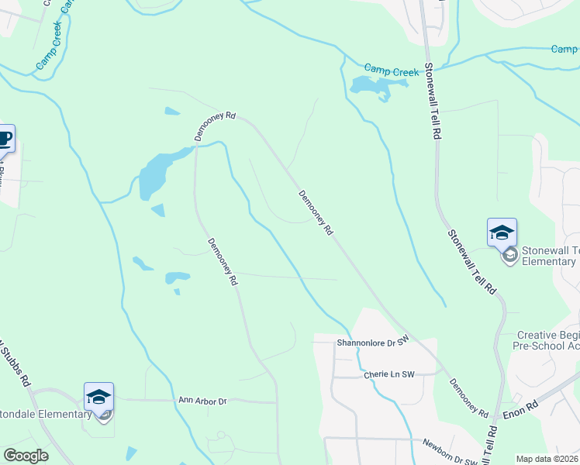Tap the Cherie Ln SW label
pyautogui.click(x=390, y=375)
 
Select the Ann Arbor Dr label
pyautogui.click(x=202, y=401)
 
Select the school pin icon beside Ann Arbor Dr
pyautogui.click(x=99, y=397)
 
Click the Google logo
pyautogui.click(x=26, y=456)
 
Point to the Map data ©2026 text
pyautogui.click(x=547, y=459)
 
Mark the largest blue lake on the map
pyautogui.click(x=155, y=175)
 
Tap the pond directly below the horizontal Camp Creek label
pyautogui.click(x=370, y=87)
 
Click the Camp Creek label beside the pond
pyautogui.click(x=392, y=72)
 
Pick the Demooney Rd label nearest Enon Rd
pyautogui.click(x=469, y=395)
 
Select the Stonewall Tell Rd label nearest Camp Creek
pyautogui.click(x=433, y=102)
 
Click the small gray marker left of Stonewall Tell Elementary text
pyautogui.click(x=509, y=255)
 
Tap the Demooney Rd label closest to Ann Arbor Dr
pyautogui.click(x=222, y=261)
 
